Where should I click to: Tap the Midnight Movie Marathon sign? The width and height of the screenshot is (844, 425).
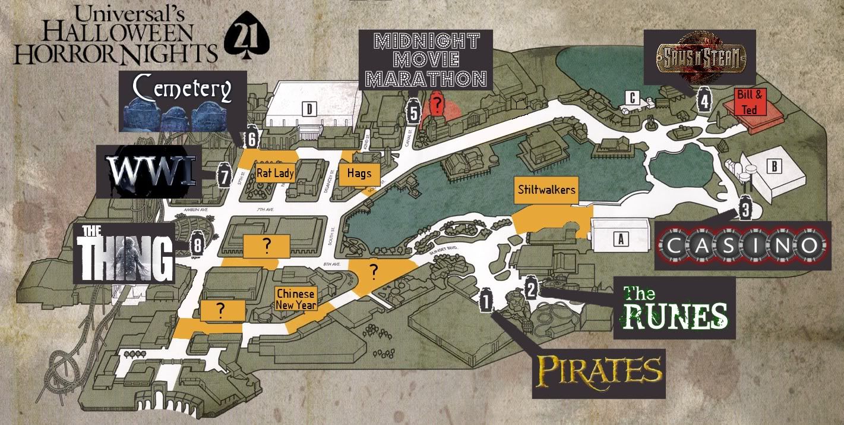[426, 60]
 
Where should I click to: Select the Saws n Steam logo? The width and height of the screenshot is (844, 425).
[700, 57]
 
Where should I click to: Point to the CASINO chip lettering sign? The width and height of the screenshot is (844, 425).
[742, 245]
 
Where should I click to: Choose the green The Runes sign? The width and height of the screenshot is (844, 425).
[675, 308]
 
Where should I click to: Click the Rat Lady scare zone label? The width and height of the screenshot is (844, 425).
[275, 174]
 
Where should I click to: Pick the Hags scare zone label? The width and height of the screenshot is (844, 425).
[359, 174]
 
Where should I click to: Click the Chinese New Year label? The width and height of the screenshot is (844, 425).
[295, 300]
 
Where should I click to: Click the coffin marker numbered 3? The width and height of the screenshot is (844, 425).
[746, 210]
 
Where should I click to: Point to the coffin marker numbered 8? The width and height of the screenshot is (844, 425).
[198, 244]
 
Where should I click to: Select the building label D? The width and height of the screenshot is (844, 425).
[309, 109]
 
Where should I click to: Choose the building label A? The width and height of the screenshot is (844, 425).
[621, 239]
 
